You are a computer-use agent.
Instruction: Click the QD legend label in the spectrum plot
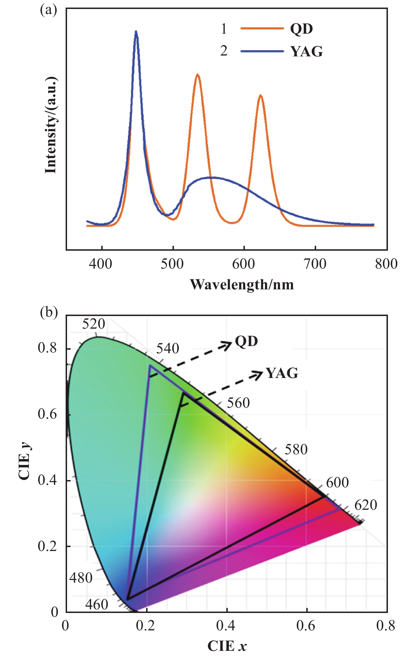tap(301, 29)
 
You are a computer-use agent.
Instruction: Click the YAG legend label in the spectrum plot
tap(306, 52)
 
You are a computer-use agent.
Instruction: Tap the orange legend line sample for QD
tap(262, 28)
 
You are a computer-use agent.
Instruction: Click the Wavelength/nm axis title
tap(242, 285)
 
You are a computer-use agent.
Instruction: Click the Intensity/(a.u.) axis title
tap(51, 125)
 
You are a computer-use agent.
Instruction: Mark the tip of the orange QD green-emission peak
tap(198, 75)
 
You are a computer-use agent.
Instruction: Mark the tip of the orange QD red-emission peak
tap(261, 96)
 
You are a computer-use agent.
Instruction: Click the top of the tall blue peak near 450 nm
tap(136, 31)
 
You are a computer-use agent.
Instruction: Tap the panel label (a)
tap(49, 11)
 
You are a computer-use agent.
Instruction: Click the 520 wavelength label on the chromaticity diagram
tap(93, 324)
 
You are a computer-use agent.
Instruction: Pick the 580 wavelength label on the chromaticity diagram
tap(296, 449)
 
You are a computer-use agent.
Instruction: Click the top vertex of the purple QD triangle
tap(150, 366)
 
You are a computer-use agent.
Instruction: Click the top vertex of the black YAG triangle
tap(183, 393)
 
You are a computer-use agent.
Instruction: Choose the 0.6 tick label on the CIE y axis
tap(47, 414)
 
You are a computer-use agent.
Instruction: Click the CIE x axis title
tap(227, 646)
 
